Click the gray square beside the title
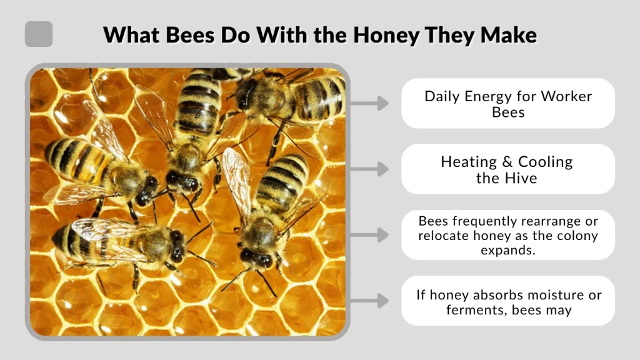coord(39,34)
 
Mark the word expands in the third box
coord(508,250)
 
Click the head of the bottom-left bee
coord(176,246)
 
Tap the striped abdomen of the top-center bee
coord(198,104)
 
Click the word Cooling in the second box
coord(545,162)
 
